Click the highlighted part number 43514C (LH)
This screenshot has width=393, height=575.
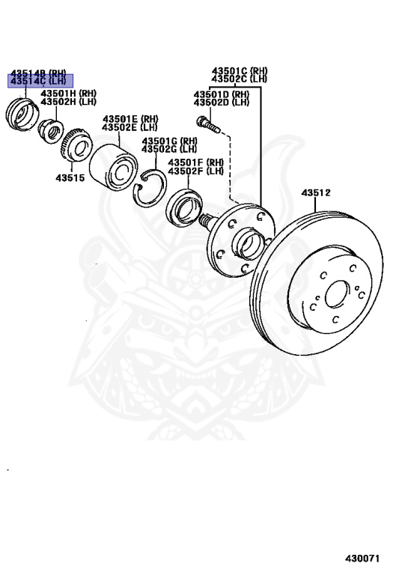tap(39, 82)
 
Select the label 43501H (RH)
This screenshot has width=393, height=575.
tap(69, 94)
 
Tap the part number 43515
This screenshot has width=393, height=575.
tap(70, 178)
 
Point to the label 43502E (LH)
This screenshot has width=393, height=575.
tap(130, 127)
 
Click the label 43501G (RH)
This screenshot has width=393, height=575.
tap(169, 141)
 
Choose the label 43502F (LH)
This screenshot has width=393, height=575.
tap(195, 171)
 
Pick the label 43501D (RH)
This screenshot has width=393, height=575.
tap(222, 94)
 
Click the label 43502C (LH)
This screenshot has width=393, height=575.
tap(240, 79)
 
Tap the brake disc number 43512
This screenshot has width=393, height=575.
tap(316, 192)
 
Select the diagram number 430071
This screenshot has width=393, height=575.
tap(362, 559)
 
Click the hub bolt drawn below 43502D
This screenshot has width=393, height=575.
tap(208, 125)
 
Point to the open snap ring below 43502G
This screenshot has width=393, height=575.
tap(149, 188)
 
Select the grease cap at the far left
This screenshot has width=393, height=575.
tap(22, 114)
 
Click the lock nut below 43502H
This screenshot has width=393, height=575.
tap(51, 131)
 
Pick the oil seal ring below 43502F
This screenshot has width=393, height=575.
tap(184, 208)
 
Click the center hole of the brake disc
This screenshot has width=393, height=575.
tap(336, 294)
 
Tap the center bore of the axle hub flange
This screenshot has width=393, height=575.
tap(249, 243)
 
